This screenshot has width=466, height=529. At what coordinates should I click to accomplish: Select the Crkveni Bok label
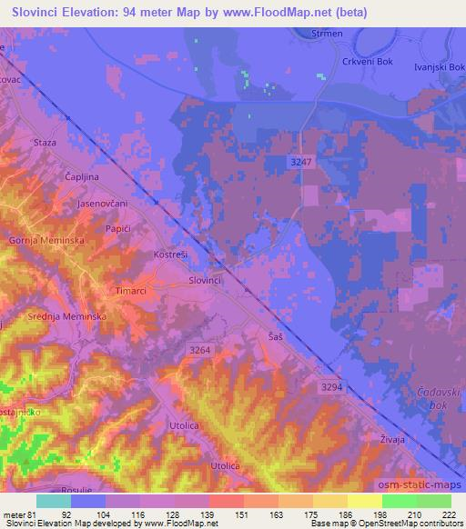click(x=367, y=62)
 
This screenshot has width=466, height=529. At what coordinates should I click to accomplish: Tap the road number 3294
click(x=332, y=387)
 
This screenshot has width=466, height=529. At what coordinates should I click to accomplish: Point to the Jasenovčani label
click(x=101, y=205)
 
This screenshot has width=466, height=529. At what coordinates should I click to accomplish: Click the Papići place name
click(x=116, y=229)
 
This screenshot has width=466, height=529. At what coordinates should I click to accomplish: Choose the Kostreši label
click(x=171, y=255)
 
